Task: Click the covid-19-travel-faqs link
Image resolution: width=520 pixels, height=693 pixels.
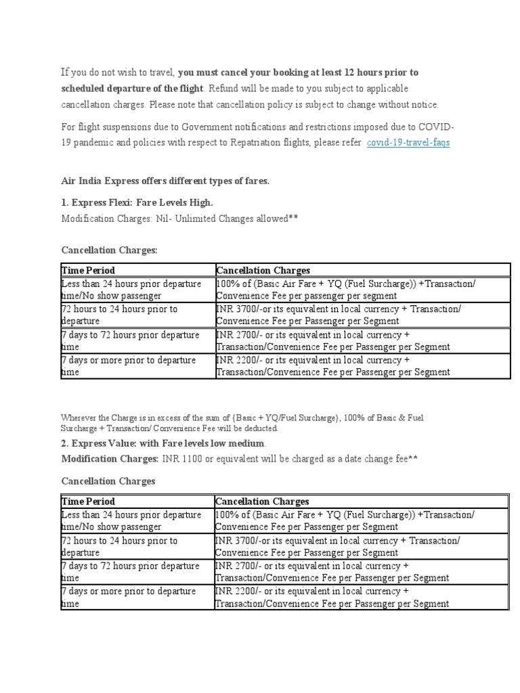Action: pos(408,142)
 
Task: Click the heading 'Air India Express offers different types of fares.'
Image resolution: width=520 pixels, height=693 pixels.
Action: pos(165,181)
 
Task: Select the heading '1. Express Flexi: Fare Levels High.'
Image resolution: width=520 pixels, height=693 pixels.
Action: pos(137,202)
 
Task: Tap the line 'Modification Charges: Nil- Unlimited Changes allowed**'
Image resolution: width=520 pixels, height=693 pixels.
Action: pos(179,219)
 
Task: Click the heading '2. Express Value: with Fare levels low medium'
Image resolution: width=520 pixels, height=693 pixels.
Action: pos(163,443)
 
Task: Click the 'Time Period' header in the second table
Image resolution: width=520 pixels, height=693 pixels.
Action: pos(88,501)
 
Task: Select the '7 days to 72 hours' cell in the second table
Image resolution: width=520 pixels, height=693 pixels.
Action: pos(130,572)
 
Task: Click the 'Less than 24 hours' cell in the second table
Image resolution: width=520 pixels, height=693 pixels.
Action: pos(131,520)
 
